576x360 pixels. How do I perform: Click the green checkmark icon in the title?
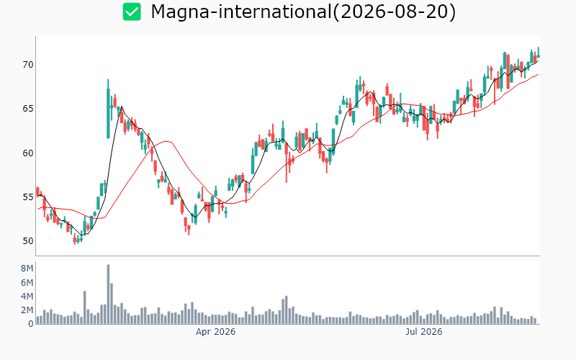point(132,12)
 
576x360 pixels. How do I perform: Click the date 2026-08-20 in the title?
point(394,12)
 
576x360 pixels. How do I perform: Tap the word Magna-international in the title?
point(241,12)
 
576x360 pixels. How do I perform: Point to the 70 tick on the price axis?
point(28,65)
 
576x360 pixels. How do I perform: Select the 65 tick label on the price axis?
point(28,109)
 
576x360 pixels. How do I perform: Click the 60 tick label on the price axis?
point(28,153)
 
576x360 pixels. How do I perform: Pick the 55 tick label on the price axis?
point(28,197)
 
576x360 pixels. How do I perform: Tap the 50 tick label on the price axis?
point(28,241)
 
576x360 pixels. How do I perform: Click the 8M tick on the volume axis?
point(27,269)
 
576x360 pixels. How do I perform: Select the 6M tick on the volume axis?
point(27,282)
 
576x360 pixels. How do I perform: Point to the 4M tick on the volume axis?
point(27,297)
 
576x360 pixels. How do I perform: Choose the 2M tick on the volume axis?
point(27,310)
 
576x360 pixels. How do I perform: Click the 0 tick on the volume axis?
point(31,324)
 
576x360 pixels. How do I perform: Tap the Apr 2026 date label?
point(215,332)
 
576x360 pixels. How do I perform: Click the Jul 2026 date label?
point(424,332)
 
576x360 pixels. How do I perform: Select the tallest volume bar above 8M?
point(108,294)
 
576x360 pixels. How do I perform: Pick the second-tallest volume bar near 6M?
point(112,303)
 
